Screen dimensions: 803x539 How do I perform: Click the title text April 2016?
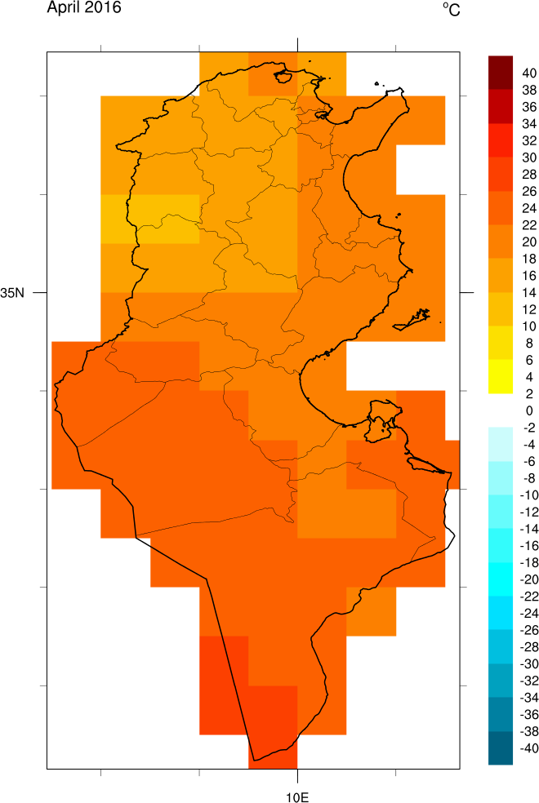[x=84, y=9]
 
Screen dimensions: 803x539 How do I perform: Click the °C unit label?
[x=452, y=9]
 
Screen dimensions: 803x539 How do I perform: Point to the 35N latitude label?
[x=14, y=292]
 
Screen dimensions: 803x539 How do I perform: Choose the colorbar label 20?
[x=506, y=242]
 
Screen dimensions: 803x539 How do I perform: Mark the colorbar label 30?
[x=506, y=157]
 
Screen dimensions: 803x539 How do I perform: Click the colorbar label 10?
[x=506, y=326]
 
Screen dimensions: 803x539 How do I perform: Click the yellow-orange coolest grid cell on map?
[x=150, y=219]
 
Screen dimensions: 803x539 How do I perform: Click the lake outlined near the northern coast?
[x=284, y=78]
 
